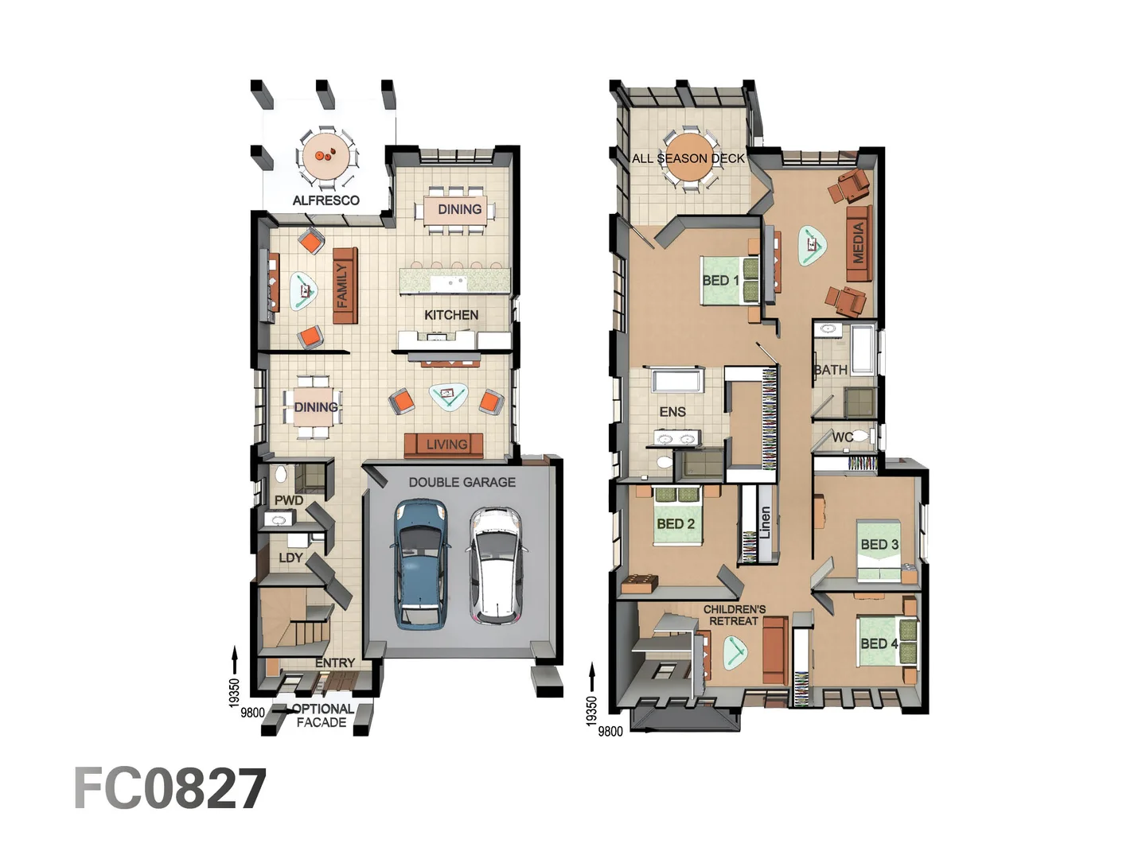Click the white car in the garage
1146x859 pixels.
click(x=494, y=566)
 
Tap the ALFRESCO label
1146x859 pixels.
click(x=325, y=200)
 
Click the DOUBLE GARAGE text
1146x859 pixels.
click(x=462, y=482)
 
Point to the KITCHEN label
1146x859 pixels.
click(x=451, y=315)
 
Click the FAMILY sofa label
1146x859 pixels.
click(x=343, y=286)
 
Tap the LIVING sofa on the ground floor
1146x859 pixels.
click(x=443, y=445)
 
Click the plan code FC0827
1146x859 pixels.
click(x=170, y=789)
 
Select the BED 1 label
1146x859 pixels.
click(x=719, y=280)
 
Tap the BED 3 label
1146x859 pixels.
click(x=879, y=545)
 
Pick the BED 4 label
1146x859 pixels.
click(x=879, y=643)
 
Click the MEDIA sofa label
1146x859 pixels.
click(x=859, y=243)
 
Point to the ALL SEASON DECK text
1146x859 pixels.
click(x=688, y=158)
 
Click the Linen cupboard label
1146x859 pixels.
click(x=765, y=523)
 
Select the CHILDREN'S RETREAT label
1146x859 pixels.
click(x=734, y=615)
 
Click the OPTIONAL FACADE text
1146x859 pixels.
click(x=322, y=715)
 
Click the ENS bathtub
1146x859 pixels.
click(x=676, y=380)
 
